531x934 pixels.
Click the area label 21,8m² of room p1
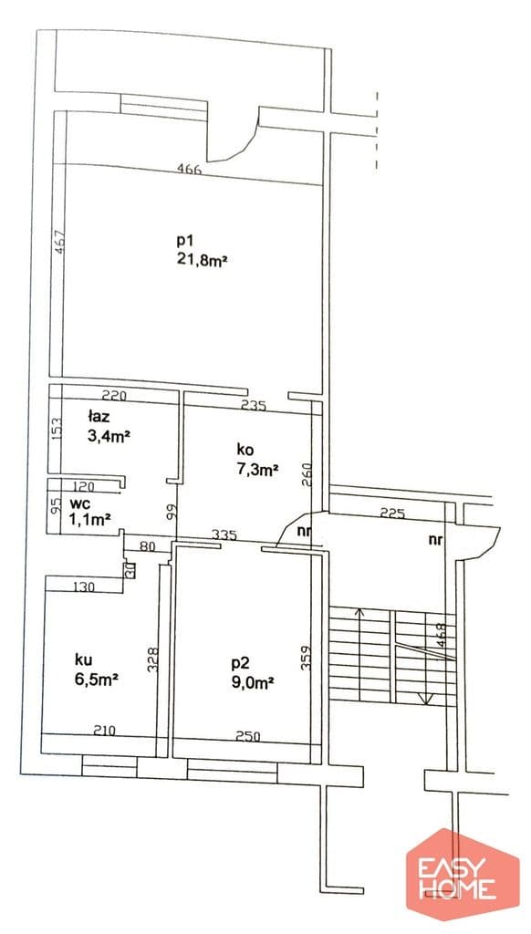[203, 260]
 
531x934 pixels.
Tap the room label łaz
[99, 417]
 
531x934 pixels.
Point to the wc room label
[78, 503]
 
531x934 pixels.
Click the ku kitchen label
[83, 659]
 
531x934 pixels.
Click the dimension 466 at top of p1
[190, 168]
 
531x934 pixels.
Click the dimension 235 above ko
[253, 406]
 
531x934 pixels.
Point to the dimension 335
[224, 534]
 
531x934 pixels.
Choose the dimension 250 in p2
[248, 736]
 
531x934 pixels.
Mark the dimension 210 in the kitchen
[104, 730]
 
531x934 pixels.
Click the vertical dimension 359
[306, 659]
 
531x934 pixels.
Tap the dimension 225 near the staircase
[392, 513]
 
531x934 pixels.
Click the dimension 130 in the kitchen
[83, 587]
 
